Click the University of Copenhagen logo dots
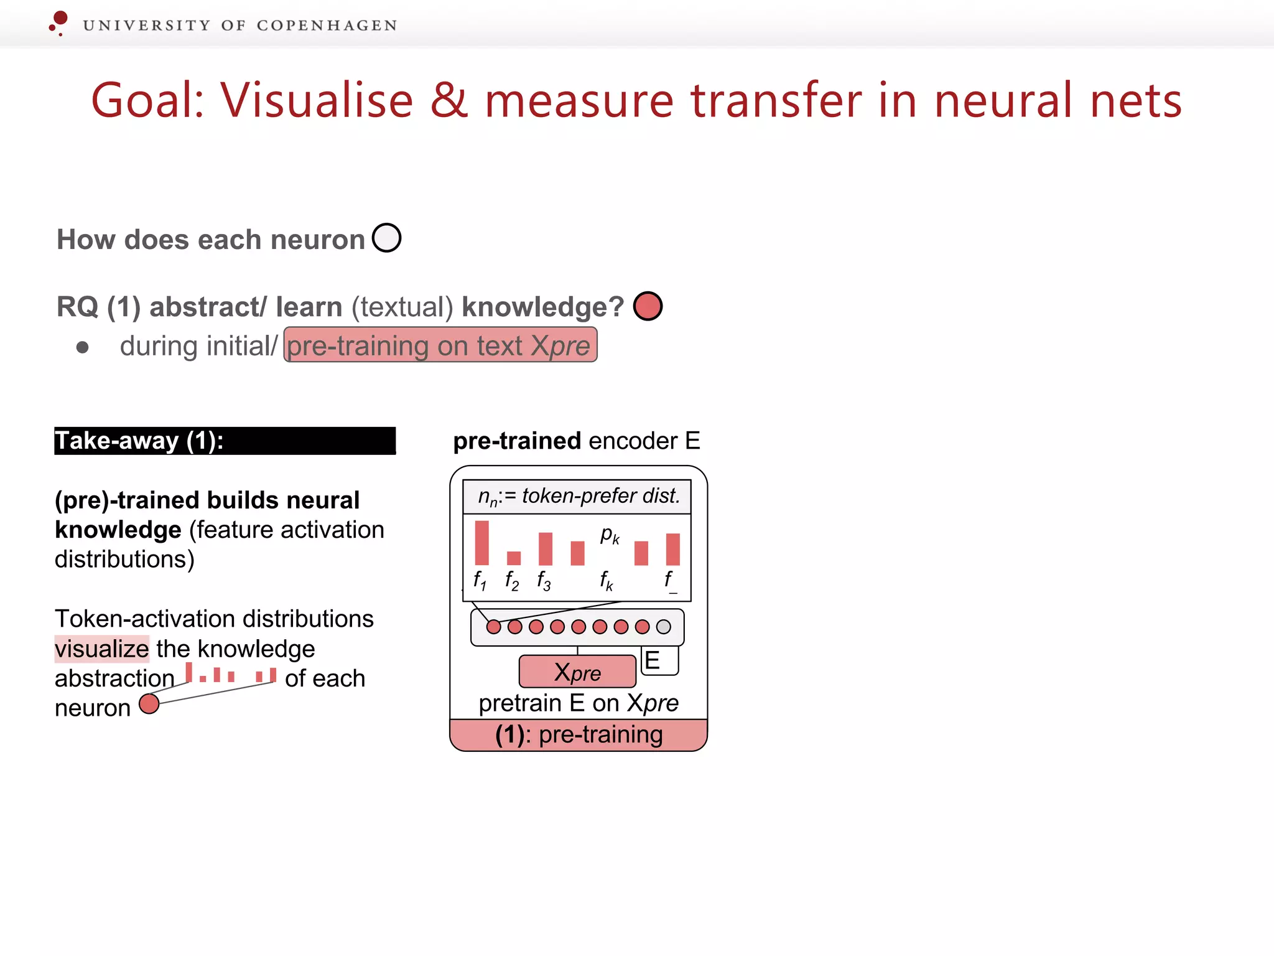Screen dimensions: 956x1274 [58, 22]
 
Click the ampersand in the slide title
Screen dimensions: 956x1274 [449, 100]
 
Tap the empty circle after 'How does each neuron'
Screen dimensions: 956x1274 [386, 238]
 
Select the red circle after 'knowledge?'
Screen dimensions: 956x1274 [648, 306]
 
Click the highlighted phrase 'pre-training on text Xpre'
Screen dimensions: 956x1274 [440, 345]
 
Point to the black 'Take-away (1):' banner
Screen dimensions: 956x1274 [225, 441]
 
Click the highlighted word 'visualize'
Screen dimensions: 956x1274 [102, 649]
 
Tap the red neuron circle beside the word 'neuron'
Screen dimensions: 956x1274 [149, 704]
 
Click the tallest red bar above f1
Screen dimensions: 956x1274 [481, 543]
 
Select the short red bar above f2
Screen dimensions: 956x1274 [514, 558]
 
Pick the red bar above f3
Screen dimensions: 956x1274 [546, 548]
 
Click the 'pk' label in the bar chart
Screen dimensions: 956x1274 [610, 535]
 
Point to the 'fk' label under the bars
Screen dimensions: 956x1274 [607, 581]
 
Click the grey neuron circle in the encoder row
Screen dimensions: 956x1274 [664, 627]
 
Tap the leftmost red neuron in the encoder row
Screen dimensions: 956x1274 [493, 627]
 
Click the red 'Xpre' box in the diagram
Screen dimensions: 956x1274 [577, 672]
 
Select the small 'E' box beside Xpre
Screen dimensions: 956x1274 [659, 660]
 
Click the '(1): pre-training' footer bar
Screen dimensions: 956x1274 [579, 735]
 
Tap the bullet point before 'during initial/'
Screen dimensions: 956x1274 [82, 347]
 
